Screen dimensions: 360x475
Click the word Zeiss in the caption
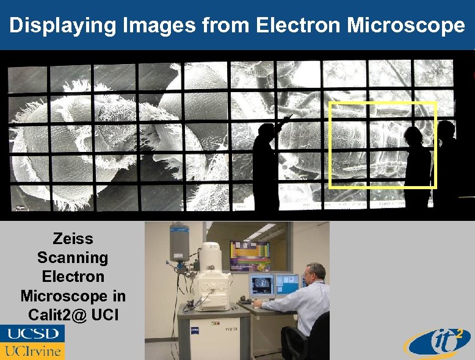[x=73, y=239]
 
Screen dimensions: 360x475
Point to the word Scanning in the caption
[x=73, y=257]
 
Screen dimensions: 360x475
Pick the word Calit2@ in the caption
[x=56, y=315]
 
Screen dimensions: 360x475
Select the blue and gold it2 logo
[x=437, y=342]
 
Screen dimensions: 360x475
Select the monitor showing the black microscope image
[x=261, y=285]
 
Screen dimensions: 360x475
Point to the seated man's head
[x=315, y=274]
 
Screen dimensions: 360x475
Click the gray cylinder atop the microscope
[x=179, y=242]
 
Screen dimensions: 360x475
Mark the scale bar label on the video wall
[x=20, y=207]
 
